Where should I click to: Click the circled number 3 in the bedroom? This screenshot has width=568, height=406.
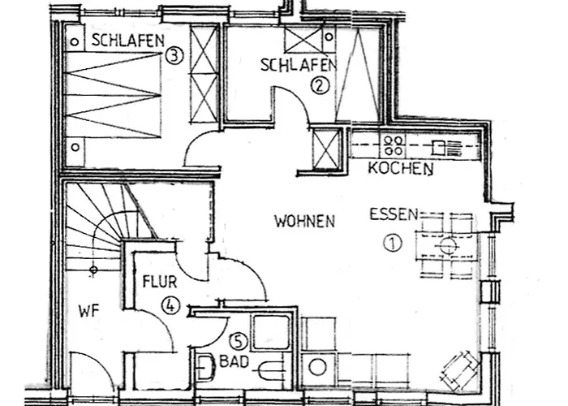tap(173, 55)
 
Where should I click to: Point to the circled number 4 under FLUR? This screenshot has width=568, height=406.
tap(170, 305)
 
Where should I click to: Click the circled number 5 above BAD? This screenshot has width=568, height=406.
tap(237, 341)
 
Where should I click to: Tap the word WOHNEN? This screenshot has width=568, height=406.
tap(304, 220)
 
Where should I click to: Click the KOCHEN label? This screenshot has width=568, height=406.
tap(400, 170)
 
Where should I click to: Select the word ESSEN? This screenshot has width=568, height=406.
tap(394, 215)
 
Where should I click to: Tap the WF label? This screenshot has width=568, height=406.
tap(88, 309)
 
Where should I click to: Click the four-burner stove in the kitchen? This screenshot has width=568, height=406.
tap(394, 145)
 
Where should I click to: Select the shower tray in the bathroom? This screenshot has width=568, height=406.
tap(270, 331)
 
